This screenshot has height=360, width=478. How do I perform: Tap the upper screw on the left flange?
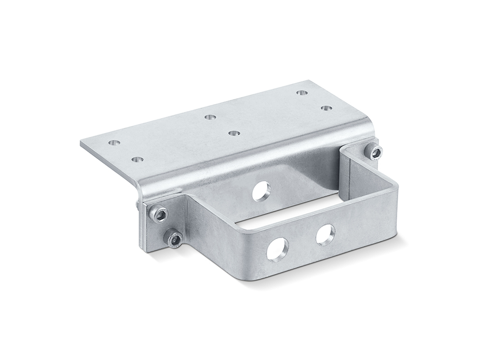160,214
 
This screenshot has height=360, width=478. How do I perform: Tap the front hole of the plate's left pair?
137,159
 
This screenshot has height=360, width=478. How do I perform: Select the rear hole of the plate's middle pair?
208,117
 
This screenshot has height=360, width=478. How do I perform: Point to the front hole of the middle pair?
233,132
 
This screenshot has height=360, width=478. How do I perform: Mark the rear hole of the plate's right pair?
301,92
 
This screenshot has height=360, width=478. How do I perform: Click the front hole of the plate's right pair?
326,108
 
